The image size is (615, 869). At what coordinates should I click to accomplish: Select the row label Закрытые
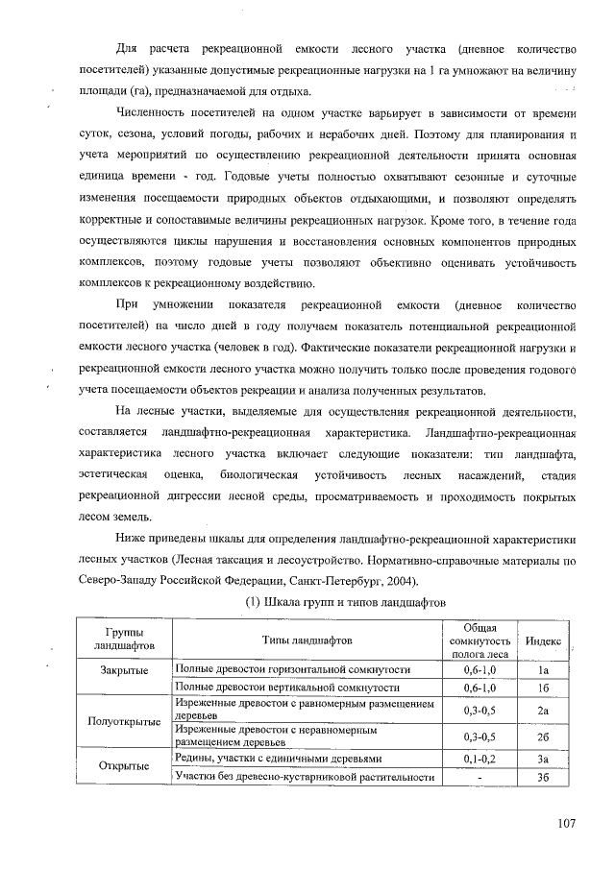point(123,669)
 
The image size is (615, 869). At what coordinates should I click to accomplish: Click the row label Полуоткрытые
point(123,721)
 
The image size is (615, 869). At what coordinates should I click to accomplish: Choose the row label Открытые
point(123,766)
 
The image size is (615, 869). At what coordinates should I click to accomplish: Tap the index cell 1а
point(543,669)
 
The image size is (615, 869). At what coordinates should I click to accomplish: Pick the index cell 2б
point(543,736)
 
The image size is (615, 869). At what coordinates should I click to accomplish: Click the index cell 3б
point(543,777)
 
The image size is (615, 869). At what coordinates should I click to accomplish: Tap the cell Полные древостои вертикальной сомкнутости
point(287,688)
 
